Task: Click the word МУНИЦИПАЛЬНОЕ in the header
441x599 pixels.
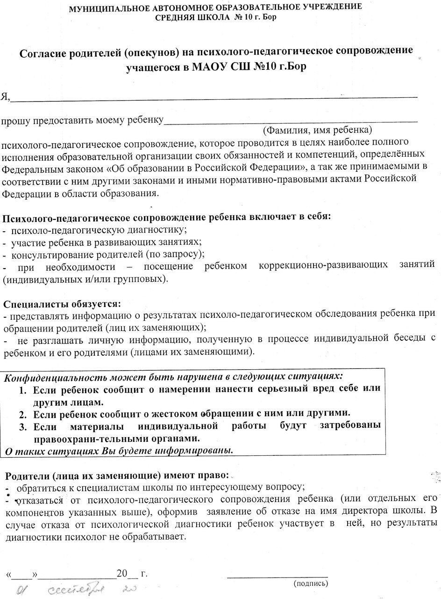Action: tap(107, 8)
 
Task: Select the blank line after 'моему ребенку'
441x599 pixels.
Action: tap(290, 121)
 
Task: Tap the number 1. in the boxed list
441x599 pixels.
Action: tap(22, 388)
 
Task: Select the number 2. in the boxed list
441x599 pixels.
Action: tap(22, 414)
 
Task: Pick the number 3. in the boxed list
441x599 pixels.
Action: tap(22, 426)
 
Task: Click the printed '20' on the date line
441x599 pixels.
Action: tap(121, 574)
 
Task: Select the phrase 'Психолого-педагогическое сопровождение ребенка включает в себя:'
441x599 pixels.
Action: tap(167, 218)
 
